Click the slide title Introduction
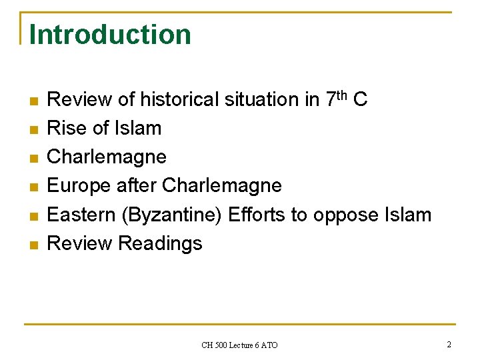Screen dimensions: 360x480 coord(110,35)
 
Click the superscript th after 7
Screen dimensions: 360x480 coord(343,94)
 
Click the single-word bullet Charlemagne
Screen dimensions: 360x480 coord(107,157)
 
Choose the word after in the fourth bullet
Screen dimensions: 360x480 coord(137,185)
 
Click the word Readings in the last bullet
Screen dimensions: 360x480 coord(160,243)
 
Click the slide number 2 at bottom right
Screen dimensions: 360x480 coord(449,345)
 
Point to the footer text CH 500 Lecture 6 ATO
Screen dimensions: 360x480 coord(239,345)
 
